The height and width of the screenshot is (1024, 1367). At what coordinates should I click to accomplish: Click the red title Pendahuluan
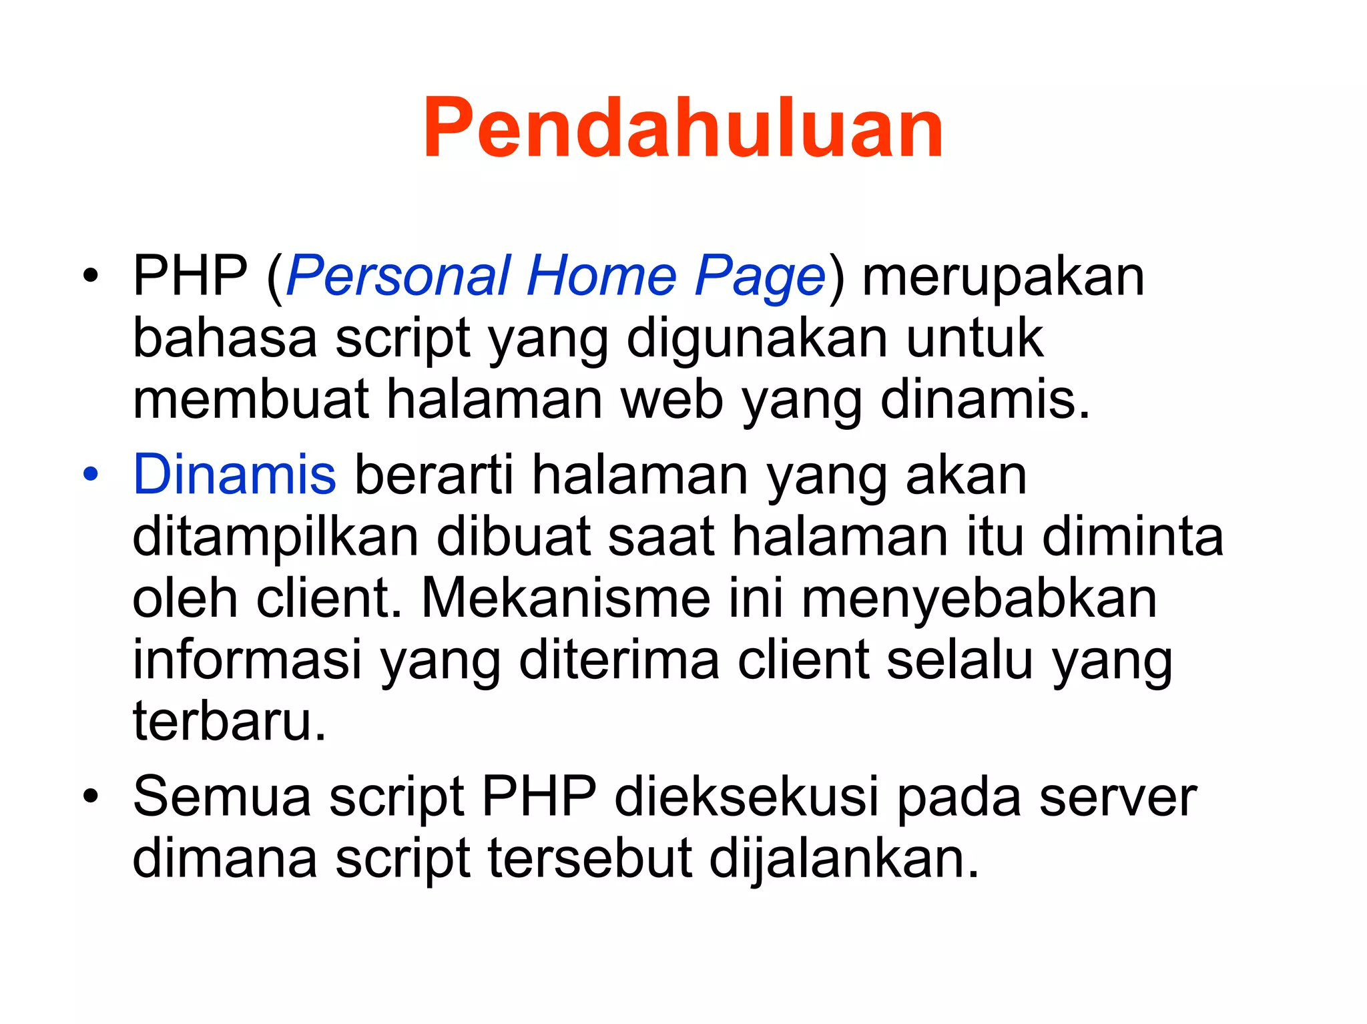(683, 128)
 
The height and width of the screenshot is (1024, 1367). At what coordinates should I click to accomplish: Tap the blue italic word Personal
(398, 276)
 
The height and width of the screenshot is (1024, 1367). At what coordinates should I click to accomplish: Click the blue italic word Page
(760, 277)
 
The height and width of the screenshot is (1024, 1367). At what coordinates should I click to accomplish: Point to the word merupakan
(1003, 277)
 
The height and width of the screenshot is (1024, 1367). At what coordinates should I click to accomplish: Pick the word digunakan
(757, 339)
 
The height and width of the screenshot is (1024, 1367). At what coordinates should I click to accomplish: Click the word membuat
(251, 399)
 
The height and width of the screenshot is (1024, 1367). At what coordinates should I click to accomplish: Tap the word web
(672, 399)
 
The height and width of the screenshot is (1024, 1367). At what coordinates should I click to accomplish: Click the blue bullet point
(91, 474)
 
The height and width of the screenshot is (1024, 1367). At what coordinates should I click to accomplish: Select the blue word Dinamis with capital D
(234, 474)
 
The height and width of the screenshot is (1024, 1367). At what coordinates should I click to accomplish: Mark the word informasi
(247, 660)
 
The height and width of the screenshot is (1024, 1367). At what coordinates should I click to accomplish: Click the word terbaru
(229, 721)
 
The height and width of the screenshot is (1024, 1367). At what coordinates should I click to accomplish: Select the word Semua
(222, 796)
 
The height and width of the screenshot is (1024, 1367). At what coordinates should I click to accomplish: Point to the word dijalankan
(843, 858)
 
